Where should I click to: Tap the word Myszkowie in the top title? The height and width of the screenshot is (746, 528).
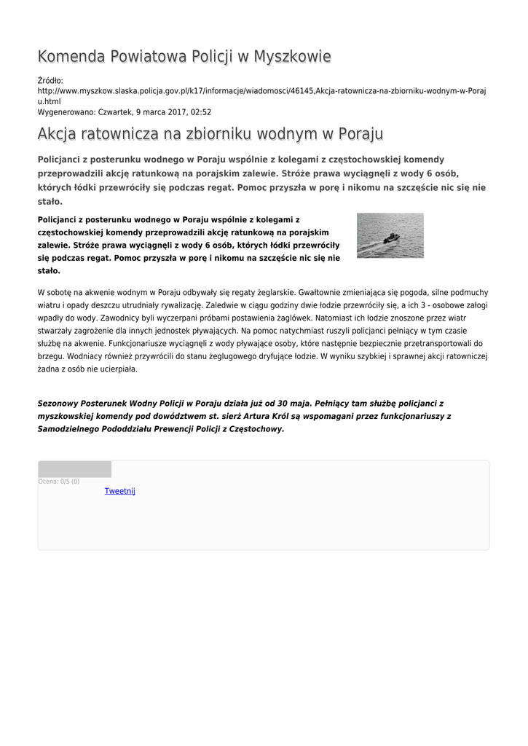(x=291, y=57)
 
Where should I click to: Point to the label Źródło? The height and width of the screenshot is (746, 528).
(x=50, y=80)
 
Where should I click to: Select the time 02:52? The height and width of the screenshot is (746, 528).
(x=200, y=112)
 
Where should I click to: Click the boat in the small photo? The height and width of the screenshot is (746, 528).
(x=391, y=237)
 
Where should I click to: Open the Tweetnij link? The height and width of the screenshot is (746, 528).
(x=120, y=491)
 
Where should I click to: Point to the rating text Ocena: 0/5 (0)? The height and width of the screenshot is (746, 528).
(x=59, y=482)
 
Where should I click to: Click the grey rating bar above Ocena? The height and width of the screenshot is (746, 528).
(x=74, y=469)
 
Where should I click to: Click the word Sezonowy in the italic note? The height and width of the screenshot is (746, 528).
(x=60, y=403)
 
